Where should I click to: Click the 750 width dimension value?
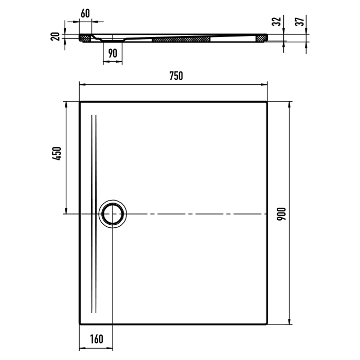pyautogui.click(x=176, y=76)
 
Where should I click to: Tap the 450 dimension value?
pyautogui.click(x=57, y=154)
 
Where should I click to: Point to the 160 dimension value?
pyautogui.click(x=96, y=339)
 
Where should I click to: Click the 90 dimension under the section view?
pyautogui.click(x=113, y=53)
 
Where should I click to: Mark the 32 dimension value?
pyautogui.click(x=277, y=22)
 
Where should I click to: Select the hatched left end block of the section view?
pyautogui.click(x=85, y=38)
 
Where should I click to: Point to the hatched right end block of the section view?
pyautogui.click(x=262, y=38)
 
